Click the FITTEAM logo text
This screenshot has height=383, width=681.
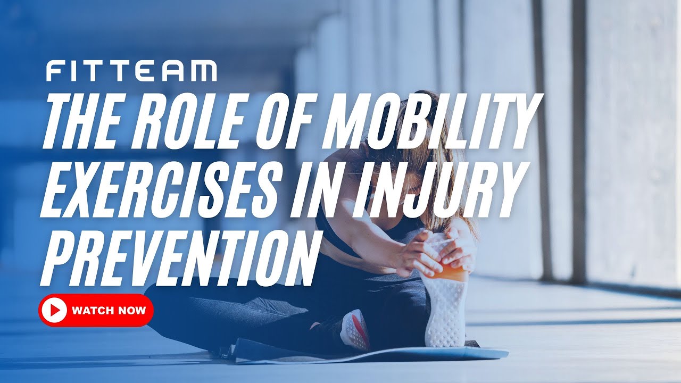coord(131,71)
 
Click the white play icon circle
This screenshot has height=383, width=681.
coord(54,310)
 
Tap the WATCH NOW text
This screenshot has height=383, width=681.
coord(109,310)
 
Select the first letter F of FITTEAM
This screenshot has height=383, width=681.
coord(53,71)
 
